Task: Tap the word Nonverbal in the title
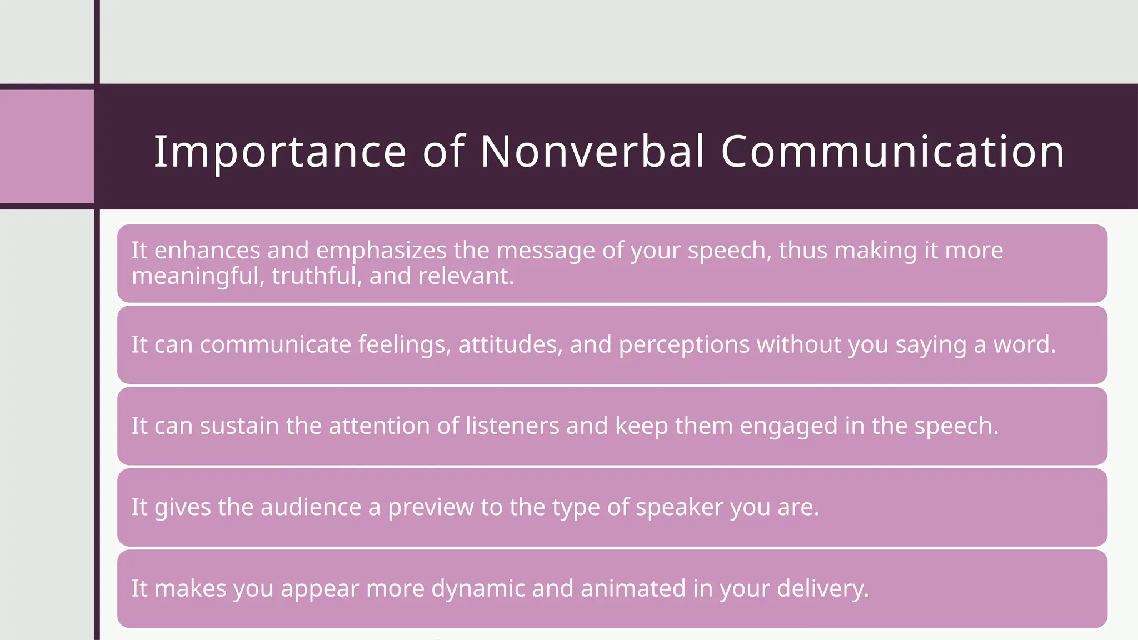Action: (x=592, y=151)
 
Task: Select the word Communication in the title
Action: (x=892, y=151)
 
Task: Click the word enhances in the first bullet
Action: (x=207, y=251)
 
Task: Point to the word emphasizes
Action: (x=381, y=251)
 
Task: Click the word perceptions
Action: (x=685, y=345)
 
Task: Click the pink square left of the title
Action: (x=47, y=147)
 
